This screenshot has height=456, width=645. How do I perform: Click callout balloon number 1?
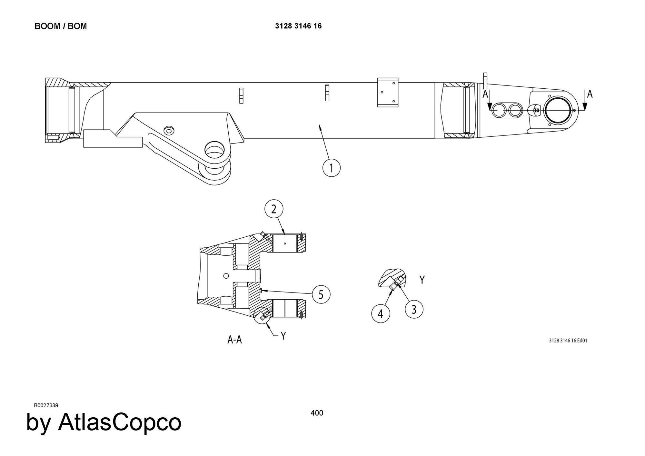332,168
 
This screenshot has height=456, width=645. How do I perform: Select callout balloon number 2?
274,209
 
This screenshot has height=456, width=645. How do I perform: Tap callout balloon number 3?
414,309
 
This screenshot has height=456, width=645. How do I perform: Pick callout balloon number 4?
381,313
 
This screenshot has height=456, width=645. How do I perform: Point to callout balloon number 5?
321,294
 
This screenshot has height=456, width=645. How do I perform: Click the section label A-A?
234,340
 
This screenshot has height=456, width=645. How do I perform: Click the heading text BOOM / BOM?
61,26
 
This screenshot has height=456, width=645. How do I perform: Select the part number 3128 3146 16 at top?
298,26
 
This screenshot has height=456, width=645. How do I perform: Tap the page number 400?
317,413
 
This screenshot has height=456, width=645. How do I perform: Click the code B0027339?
46,405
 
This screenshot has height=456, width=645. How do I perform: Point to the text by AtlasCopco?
104,422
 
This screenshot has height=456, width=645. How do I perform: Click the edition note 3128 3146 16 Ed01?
568,341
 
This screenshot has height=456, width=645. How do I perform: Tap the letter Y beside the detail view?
422,280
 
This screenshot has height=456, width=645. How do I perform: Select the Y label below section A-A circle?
283,336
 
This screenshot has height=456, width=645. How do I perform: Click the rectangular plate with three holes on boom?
388,92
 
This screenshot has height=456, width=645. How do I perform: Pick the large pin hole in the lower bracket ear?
215,151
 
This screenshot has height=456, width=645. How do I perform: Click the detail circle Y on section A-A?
262,315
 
